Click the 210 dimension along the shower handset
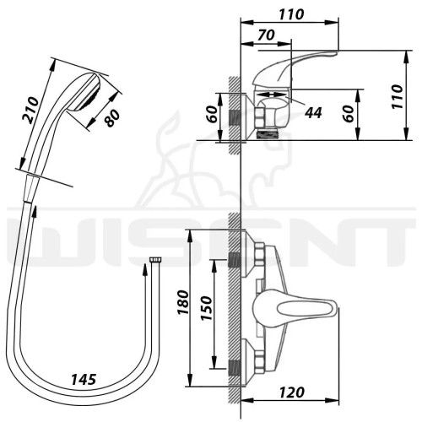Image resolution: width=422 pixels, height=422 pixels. click(31, 110)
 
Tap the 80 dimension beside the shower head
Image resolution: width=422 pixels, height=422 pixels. click(112, 117)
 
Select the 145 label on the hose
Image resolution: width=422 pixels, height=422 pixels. click(84, 380)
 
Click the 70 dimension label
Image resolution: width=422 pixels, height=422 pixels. click(266, 35)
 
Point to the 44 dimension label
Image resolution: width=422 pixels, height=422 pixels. click(313, 113)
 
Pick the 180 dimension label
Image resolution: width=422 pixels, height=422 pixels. click(183, 303)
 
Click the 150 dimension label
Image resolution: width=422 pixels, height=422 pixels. click(206, 308)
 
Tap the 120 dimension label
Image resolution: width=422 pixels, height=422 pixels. click(292, 392)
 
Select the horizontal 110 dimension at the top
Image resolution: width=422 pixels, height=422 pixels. click(291, 14)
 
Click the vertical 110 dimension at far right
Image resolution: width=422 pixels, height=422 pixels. click(397, 96)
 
